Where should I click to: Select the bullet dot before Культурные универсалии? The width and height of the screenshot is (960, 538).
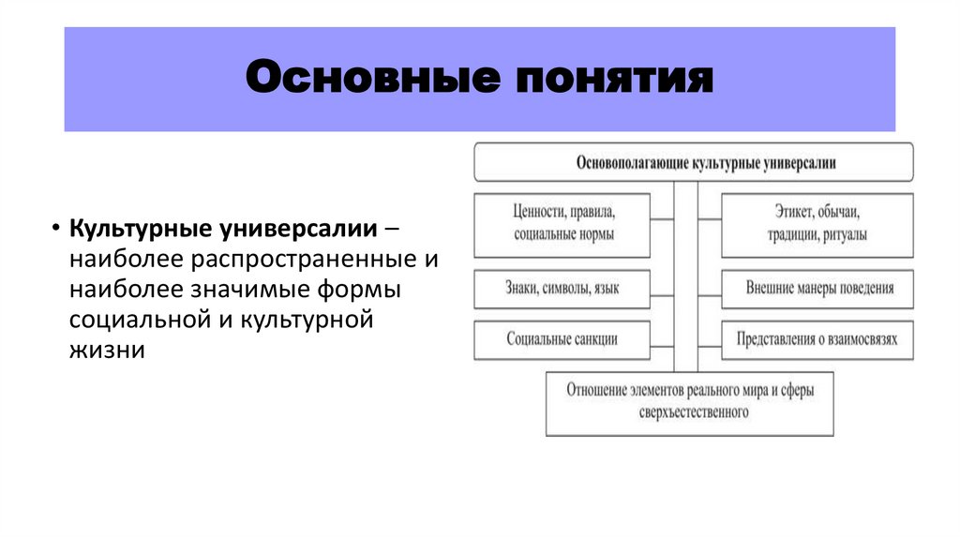(56, 230)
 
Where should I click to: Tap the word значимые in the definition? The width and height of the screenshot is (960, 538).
(252, 289)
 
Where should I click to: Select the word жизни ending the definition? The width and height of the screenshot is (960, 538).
(106, 351)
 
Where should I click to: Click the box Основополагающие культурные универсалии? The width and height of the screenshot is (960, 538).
(694, 162)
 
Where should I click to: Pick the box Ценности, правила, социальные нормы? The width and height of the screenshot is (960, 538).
(562, 225)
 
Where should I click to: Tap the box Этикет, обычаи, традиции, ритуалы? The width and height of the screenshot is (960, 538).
(817, 225)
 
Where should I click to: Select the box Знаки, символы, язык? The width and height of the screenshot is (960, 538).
(562, 290)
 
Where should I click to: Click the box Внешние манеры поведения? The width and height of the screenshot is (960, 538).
(817, 289)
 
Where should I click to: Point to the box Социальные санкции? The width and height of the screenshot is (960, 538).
(562, 339)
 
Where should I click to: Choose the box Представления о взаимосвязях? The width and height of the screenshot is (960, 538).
(817, 339)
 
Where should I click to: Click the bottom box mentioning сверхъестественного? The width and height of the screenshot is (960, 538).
(689, 403)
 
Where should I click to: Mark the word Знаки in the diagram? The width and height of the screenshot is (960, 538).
(521, 290)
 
